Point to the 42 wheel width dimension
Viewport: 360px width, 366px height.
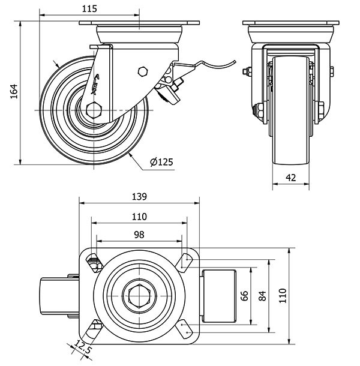[x=290, y=177]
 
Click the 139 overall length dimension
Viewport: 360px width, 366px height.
[x=139, y=197]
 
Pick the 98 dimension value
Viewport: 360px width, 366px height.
[x=139, y=235]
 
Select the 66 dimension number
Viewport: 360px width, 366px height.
[x=244, y=295]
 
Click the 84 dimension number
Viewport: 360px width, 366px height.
[x=262, y=295]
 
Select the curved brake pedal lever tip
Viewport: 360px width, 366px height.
[x=231, y=61]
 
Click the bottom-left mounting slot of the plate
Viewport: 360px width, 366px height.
[x=95, y=329]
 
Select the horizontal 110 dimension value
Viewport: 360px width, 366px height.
[x=139, y=217]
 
